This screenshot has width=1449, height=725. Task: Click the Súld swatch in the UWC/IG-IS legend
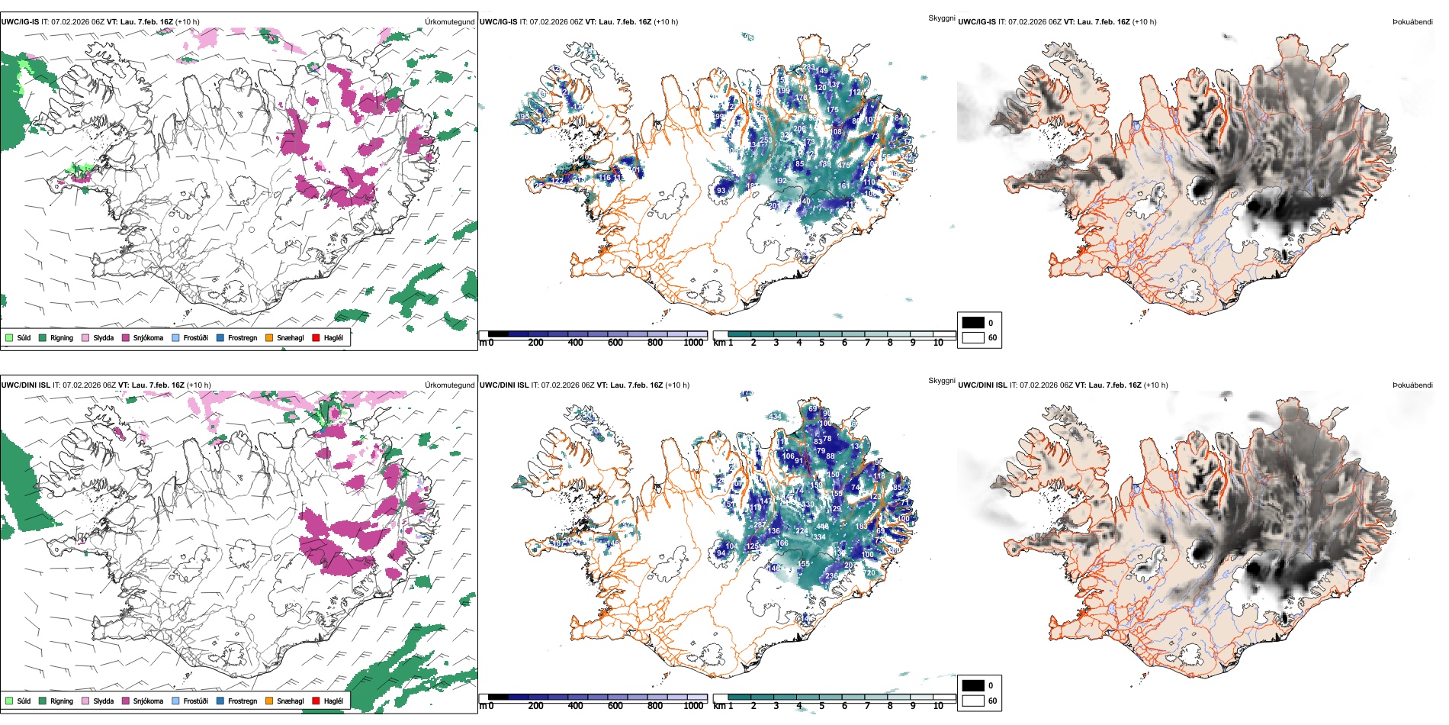tap(9, 337)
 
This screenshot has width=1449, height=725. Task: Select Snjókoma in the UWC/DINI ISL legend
tap(148, 701)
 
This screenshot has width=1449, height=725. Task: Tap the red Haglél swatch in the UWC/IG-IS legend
tap(316, 337)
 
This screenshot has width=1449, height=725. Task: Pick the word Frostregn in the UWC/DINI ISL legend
tap(243, 701)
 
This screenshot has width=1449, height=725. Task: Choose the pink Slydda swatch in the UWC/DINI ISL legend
tap(85, 701)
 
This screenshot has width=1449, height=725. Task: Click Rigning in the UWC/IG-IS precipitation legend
tap(62, 337)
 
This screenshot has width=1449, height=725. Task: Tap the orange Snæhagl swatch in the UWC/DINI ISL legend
tap(269, 701)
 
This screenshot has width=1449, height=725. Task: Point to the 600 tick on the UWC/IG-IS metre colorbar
tap(615, 343)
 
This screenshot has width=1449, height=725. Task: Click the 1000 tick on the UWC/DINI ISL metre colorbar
tap(693, 706)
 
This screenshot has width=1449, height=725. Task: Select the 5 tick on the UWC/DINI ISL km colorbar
tap(821, 706)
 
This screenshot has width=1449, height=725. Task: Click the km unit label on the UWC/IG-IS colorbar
tap(718, 343)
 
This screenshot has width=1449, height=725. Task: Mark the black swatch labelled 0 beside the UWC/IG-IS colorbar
tap(973, 323)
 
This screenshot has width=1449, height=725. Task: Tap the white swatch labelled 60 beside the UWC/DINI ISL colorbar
tap(973, 701)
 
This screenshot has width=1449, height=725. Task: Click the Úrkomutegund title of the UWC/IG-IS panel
tap(449, 22)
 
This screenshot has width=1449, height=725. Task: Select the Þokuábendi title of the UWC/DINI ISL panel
tap(1412, 385)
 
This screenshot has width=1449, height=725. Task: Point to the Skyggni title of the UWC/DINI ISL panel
tap(941, 380)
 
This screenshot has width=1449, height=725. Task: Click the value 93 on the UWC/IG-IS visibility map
tap(721, 191)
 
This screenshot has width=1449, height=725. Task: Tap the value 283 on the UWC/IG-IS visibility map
tap(808, 67)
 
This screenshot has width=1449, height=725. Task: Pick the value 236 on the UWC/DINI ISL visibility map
tap(831, 576)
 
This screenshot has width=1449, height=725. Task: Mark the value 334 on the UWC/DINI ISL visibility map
tap(819, 537)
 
